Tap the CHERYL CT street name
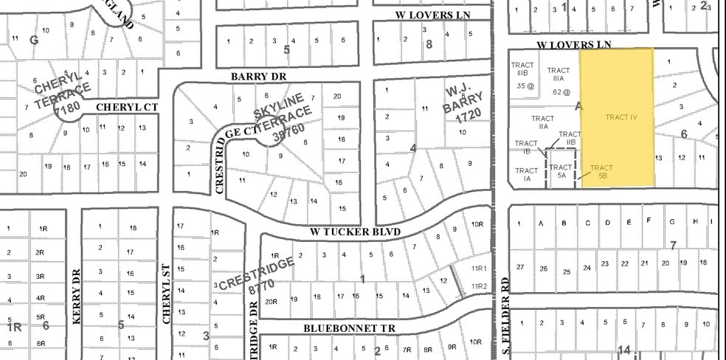(128, 107)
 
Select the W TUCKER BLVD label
(366, 232)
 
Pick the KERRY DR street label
(76, 297)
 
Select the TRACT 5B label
(601, 172)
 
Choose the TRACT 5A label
(561, 171)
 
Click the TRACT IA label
(528, 175)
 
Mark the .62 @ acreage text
(560, 92)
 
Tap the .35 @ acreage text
(523, 86)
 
